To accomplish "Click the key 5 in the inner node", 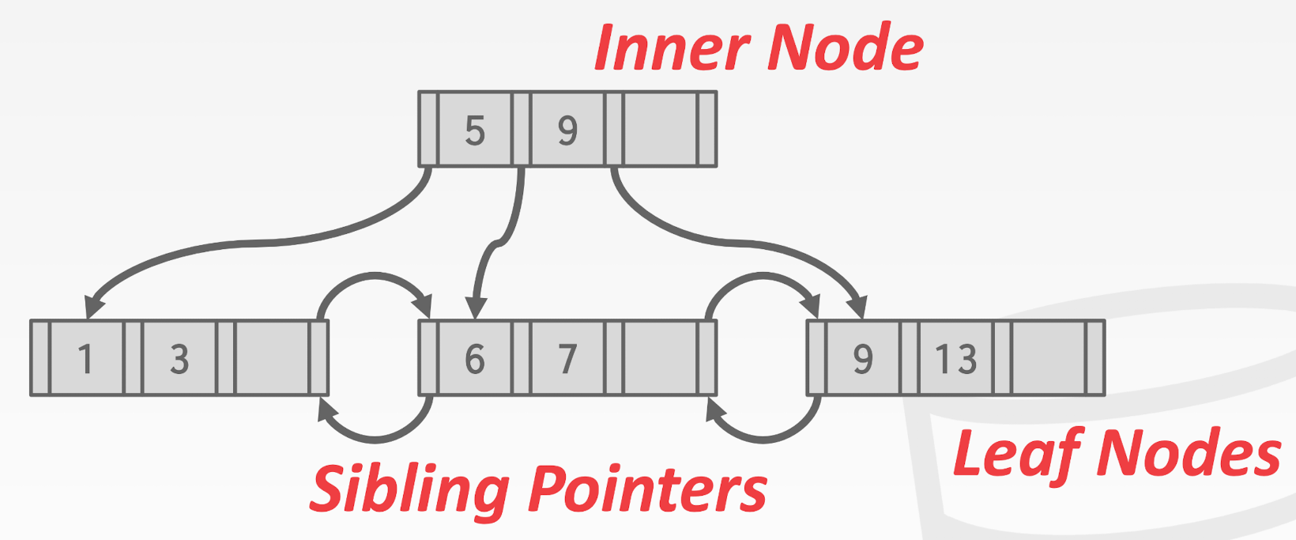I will (x=474, y=130).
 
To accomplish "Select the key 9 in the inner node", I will (x=567, y=130).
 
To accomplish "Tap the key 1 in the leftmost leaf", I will (x=86, y=358).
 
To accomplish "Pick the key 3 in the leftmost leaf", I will (x=179, y=358).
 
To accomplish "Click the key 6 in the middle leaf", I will (x=474, y=358).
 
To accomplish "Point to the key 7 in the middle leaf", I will (x=567, y=358).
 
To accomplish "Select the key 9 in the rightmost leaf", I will (x=862, y=358).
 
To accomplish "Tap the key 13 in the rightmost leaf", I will (x=955, y=358).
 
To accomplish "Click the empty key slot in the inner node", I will (x=660, y=130).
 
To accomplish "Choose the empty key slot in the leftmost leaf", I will (x=272, y=358).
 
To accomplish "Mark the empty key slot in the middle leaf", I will (x=660, y=358).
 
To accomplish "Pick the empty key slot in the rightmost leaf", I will (x=1049, y=358).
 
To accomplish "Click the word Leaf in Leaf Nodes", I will (x=1016, y=453).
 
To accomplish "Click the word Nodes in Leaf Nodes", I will (x=1189, y=453).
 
